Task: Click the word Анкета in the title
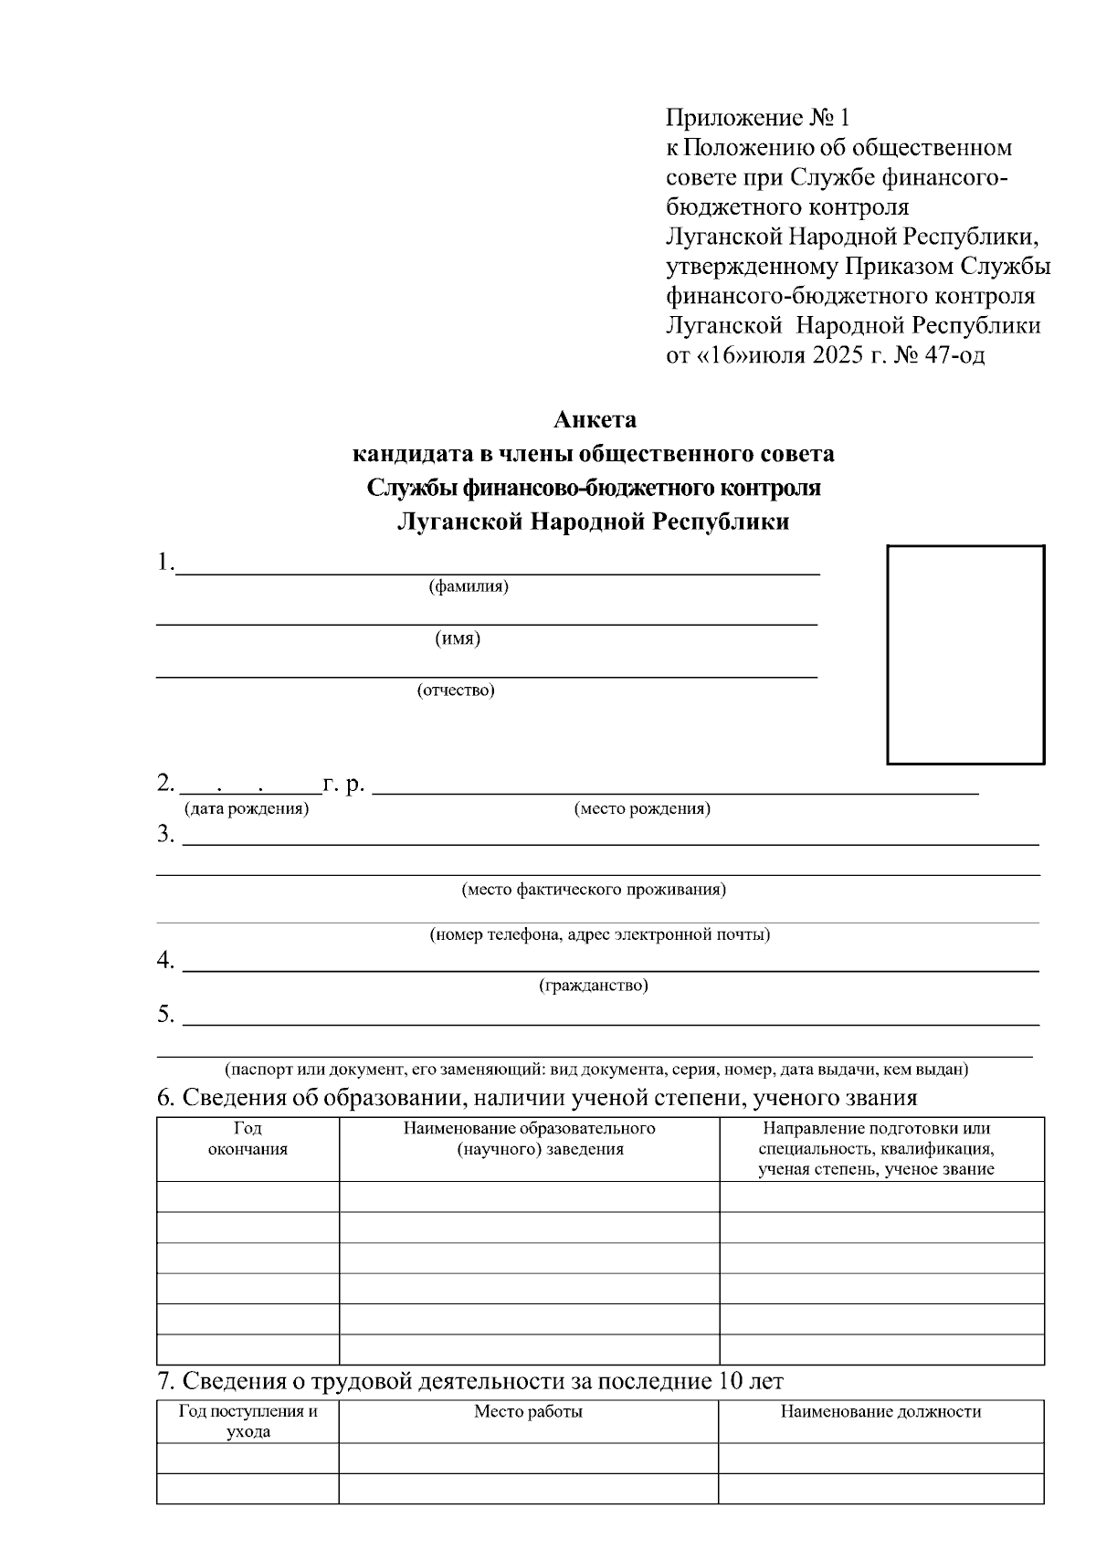coord(595,420)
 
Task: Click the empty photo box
coord(966,654)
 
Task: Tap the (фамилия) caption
coord(469,586)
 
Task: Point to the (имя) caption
coord(458,638)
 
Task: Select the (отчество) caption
coord(456,691)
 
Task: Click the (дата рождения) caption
coord(247,808)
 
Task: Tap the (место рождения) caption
coord(642,808)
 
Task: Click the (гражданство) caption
coord(594,986)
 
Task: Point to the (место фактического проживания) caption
coord(594,889)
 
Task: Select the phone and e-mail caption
coord(600,935)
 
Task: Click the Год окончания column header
coord(248,1139)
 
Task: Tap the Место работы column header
coord(528,1412)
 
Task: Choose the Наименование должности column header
coord(880,1412)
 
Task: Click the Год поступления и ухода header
coord(248,1421)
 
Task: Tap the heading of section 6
coord(537,1097)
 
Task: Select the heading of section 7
coord(470,1380)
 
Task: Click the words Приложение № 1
coord(758,117)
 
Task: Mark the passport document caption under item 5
coord(597,1069)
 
